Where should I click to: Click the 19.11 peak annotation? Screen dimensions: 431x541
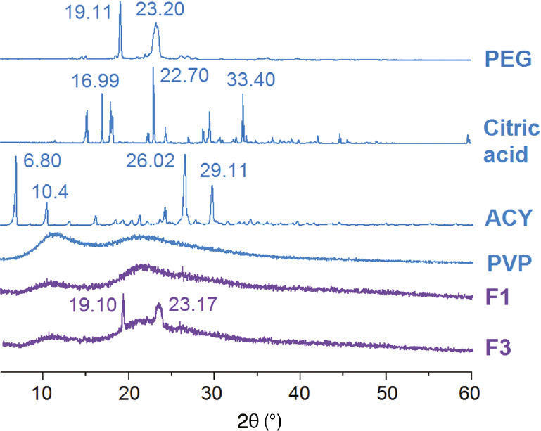coord(88,12)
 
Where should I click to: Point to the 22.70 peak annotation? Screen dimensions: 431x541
coord(184,75)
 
